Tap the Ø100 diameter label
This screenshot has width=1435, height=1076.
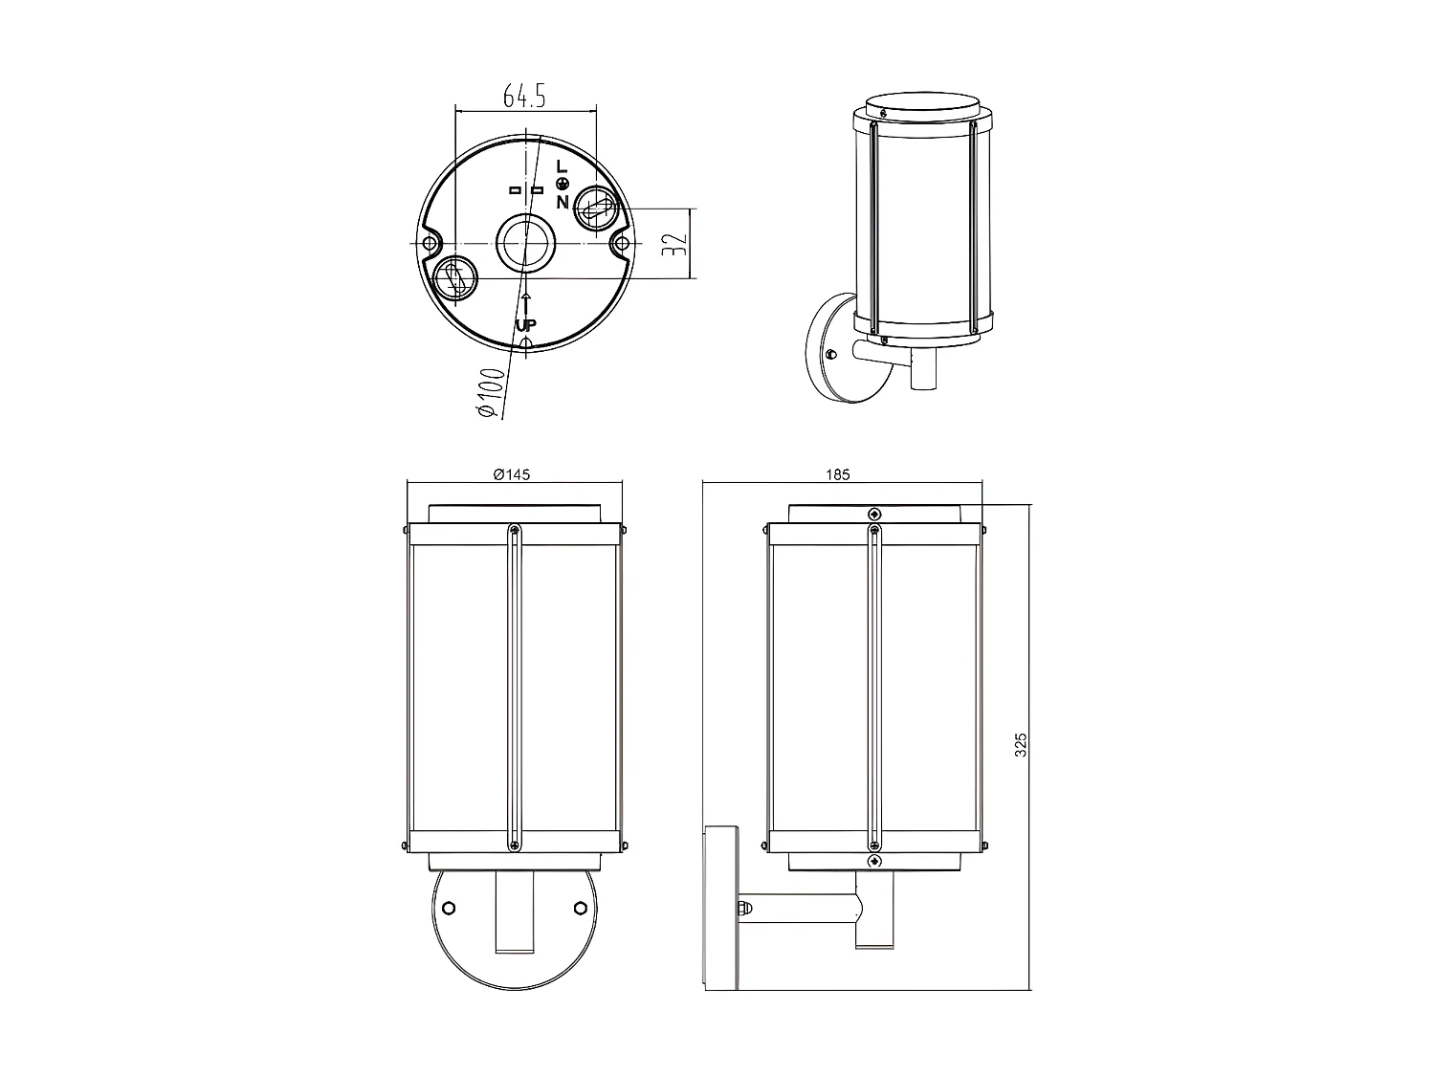click(489, 391)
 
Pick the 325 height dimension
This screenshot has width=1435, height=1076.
click(1021, 745)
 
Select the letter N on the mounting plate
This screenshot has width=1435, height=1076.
click(562, 202)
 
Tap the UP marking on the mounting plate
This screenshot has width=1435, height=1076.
click(525, 325)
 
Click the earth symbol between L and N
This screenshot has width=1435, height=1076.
click(563, 185)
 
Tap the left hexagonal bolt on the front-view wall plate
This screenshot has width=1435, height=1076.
click(450, 908)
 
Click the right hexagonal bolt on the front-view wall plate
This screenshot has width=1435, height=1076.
click(580, 908)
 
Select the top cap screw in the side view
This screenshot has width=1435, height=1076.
click(873, 514)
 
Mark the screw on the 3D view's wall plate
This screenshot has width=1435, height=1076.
click(830, 354)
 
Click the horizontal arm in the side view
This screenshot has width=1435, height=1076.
click(804, 907)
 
